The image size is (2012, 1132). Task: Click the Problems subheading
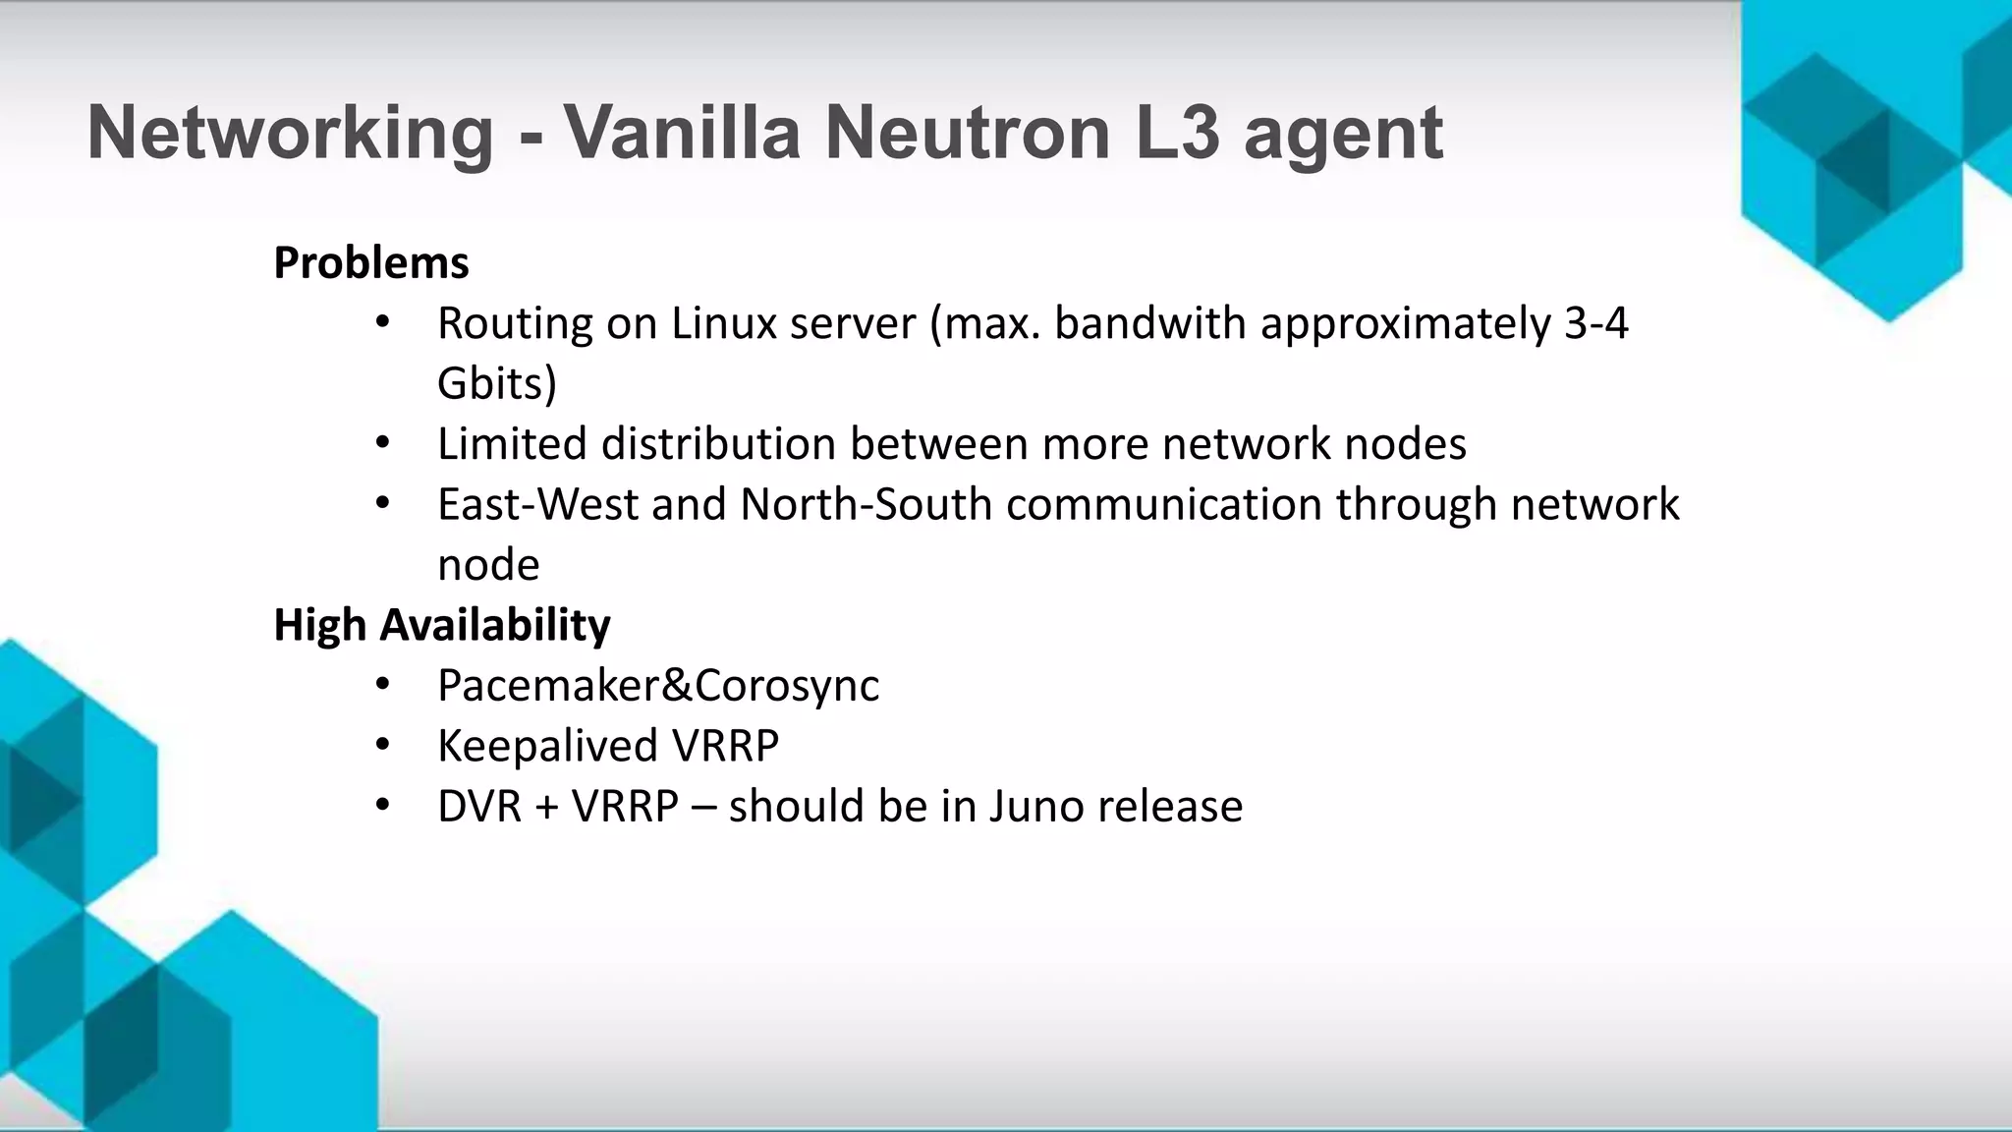(x=371, y=263)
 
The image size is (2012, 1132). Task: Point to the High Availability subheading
(x=442, y=625)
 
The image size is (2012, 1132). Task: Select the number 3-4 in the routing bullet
(x=1595, y=323)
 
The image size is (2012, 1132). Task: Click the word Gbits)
(x=497, y=383)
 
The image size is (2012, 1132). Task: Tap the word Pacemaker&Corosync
(x=658, y=686)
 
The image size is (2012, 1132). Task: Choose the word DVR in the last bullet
(x=479, y=806)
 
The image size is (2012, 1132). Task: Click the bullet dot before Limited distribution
(x=383, y=444)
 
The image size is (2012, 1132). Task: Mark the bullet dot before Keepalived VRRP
(x=383, y=746)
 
